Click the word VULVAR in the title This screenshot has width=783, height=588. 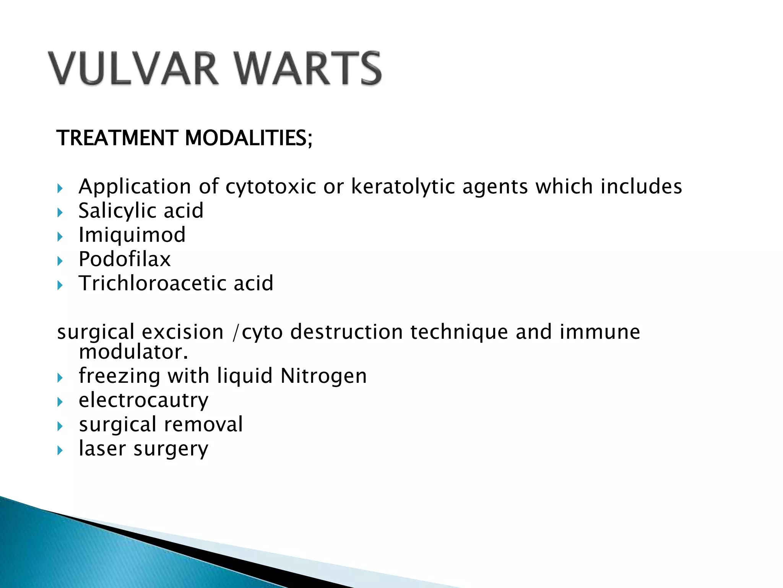pos(133,69)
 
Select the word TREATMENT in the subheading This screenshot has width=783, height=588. pos(117,138)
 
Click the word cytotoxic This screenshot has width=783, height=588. pos(271,187)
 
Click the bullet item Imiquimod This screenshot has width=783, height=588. pos(132,235)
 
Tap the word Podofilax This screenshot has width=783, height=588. pos(125,259)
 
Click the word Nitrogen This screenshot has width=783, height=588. pos(323,376)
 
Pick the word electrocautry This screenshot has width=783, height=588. pos(144,400)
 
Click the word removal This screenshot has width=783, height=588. pos(203,425)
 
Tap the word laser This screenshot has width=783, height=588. pos(102,449)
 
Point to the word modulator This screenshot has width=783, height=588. pos(133,352)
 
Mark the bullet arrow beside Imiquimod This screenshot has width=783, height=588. pos(60,237)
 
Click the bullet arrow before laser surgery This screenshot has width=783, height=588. pos(60,451)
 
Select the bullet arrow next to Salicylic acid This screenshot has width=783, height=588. pos(60,213)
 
